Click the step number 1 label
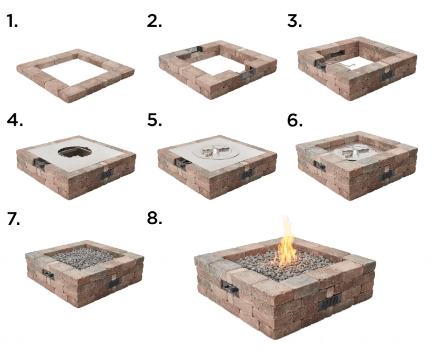(12, 21)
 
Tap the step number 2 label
(154, 21)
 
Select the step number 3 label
(295, 21)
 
